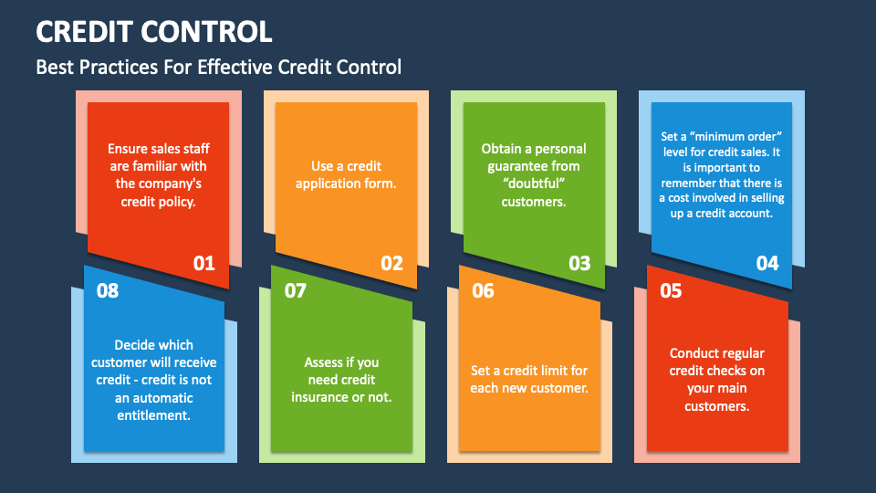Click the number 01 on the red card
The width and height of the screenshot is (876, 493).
203,264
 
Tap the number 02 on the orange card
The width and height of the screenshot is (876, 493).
391,264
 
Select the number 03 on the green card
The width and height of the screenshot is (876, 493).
579,264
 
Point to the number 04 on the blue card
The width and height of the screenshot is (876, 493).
767,264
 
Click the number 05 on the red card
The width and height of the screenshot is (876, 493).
671,291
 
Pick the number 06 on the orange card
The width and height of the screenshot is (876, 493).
483,291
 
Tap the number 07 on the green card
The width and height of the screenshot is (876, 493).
296,291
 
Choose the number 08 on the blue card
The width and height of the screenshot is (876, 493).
108,291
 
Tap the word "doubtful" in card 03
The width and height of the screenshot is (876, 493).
534,184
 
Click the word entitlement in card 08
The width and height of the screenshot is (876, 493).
153,414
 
